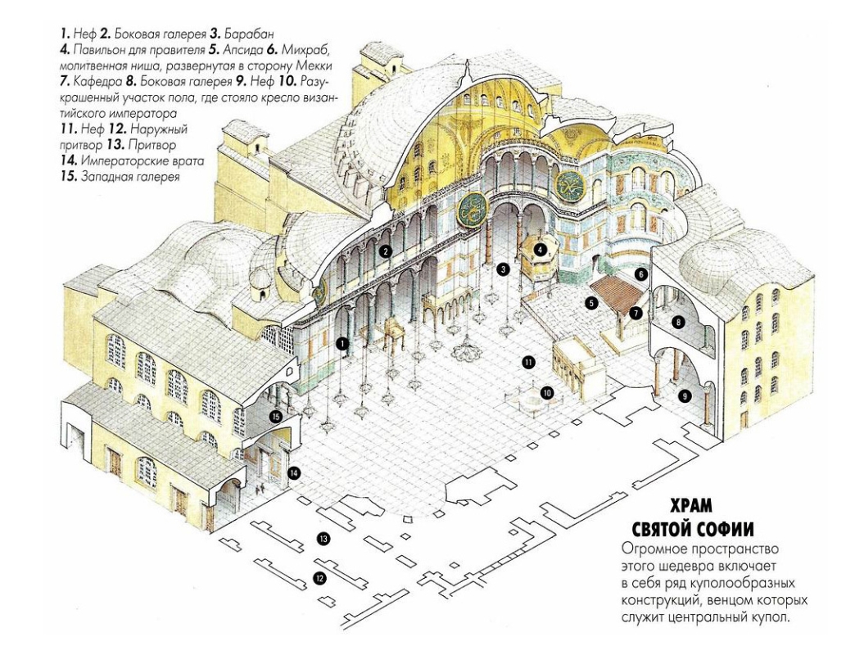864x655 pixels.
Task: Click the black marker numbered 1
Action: pyautogui.click(x=343, y=344)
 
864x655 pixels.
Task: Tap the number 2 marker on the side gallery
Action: pyautogui.click(x=387, y=251)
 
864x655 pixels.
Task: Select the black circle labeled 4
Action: pyautogui.click(x=541, y=249)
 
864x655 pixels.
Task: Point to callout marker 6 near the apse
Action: pyautogui.click(x=640, y=273)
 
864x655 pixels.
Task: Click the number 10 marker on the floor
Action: pyautogui.click(x=546, y=393)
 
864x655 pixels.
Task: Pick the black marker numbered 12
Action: pyautogui.click(x=319, y=578)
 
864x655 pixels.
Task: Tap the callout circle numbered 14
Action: pyautogui.click(x=294, y=472)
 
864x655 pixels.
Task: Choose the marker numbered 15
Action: pyautogui.click(x=277, y=417)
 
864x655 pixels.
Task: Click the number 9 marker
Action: pyautogui.click(x=685, y=395)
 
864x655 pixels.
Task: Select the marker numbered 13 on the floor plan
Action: pyautogui.click(x=323, y=539)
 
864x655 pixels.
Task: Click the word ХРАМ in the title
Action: pyautogui.click(x=691, y=506)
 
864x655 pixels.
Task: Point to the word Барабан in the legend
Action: pyautogui.click(x=246, y=34)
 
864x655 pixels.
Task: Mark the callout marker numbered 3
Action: pyautogui.click(x=503, y=269)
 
